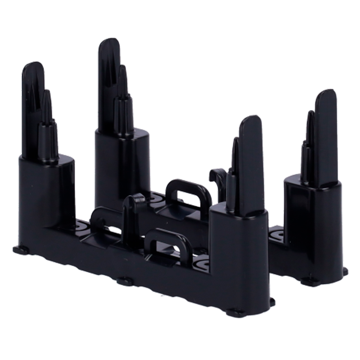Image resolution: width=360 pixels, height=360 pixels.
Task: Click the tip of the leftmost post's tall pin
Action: (33, 67)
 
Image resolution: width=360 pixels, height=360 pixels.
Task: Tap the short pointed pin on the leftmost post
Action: (47, 104)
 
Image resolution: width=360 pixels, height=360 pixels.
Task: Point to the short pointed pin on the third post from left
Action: (235, 162)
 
